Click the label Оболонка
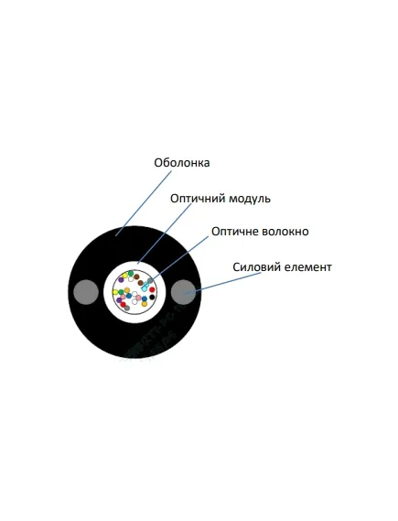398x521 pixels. (181, 163)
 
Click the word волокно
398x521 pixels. (285, 232)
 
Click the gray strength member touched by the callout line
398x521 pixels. (184, 292)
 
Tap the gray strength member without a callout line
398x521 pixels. (86, 292)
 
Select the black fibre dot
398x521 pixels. (152, 297)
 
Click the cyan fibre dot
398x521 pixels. (144, 288)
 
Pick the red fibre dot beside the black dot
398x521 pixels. (152, 289)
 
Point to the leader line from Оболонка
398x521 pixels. (144, 203)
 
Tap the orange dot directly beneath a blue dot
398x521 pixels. (144, 304)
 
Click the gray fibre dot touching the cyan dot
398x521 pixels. (150, 281)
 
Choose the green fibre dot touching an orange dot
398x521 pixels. (122, 292)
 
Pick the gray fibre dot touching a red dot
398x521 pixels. (127, 308)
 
